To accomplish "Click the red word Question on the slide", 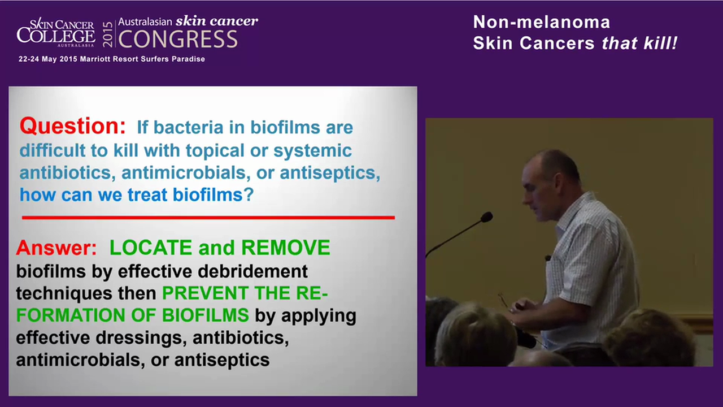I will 72,127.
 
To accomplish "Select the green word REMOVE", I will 286,248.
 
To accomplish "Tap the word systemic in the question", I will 313,151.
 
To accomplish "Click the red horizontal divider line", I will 208,217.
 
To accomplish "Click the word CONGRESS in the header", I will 178,40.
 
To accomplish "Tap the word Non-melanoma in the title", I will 541,22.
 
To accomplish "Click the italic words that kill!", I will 639,44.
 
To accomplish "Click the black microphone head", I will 486,217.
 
